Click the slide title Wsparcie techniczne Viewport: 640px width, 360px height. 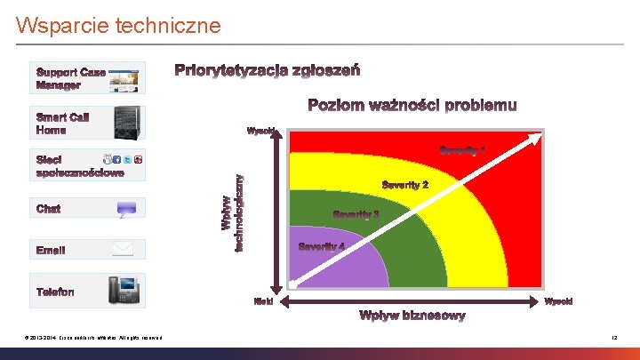click(118, 26)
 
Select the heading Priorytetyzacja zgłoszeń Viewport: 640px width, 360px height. click(267, 70)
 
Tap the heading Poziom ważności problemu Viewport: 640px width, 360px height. click(412, 106)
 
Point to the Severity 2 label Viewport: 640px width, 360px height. click(405, 185)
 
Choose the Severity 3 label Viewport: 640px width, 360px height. click(356, 214)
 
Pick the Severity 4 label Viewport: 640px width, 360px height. click(322, 246)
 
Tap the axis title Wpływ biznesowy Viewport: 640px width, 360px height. click(412, 316)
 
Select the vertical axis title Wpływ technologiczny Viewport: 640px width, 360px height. click(232, 212)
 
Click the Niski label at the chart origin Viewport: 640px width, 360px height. click(264, 302)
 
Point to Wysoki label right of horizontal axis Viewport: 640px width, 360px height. click(558, 302)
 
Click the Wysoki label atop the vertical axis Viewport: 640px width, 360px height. click(260, 132)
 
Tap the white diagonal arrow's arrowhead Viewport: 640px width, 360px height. click(537, 136)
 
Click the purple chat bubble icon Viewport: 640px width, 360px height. click(127, 209)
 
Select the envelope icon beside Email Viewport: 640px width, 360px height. click(122, 250)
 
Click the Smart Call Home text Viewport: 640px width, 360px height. click(63, 124)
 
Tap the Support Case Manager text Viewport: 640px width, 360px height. click(70, 78)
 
